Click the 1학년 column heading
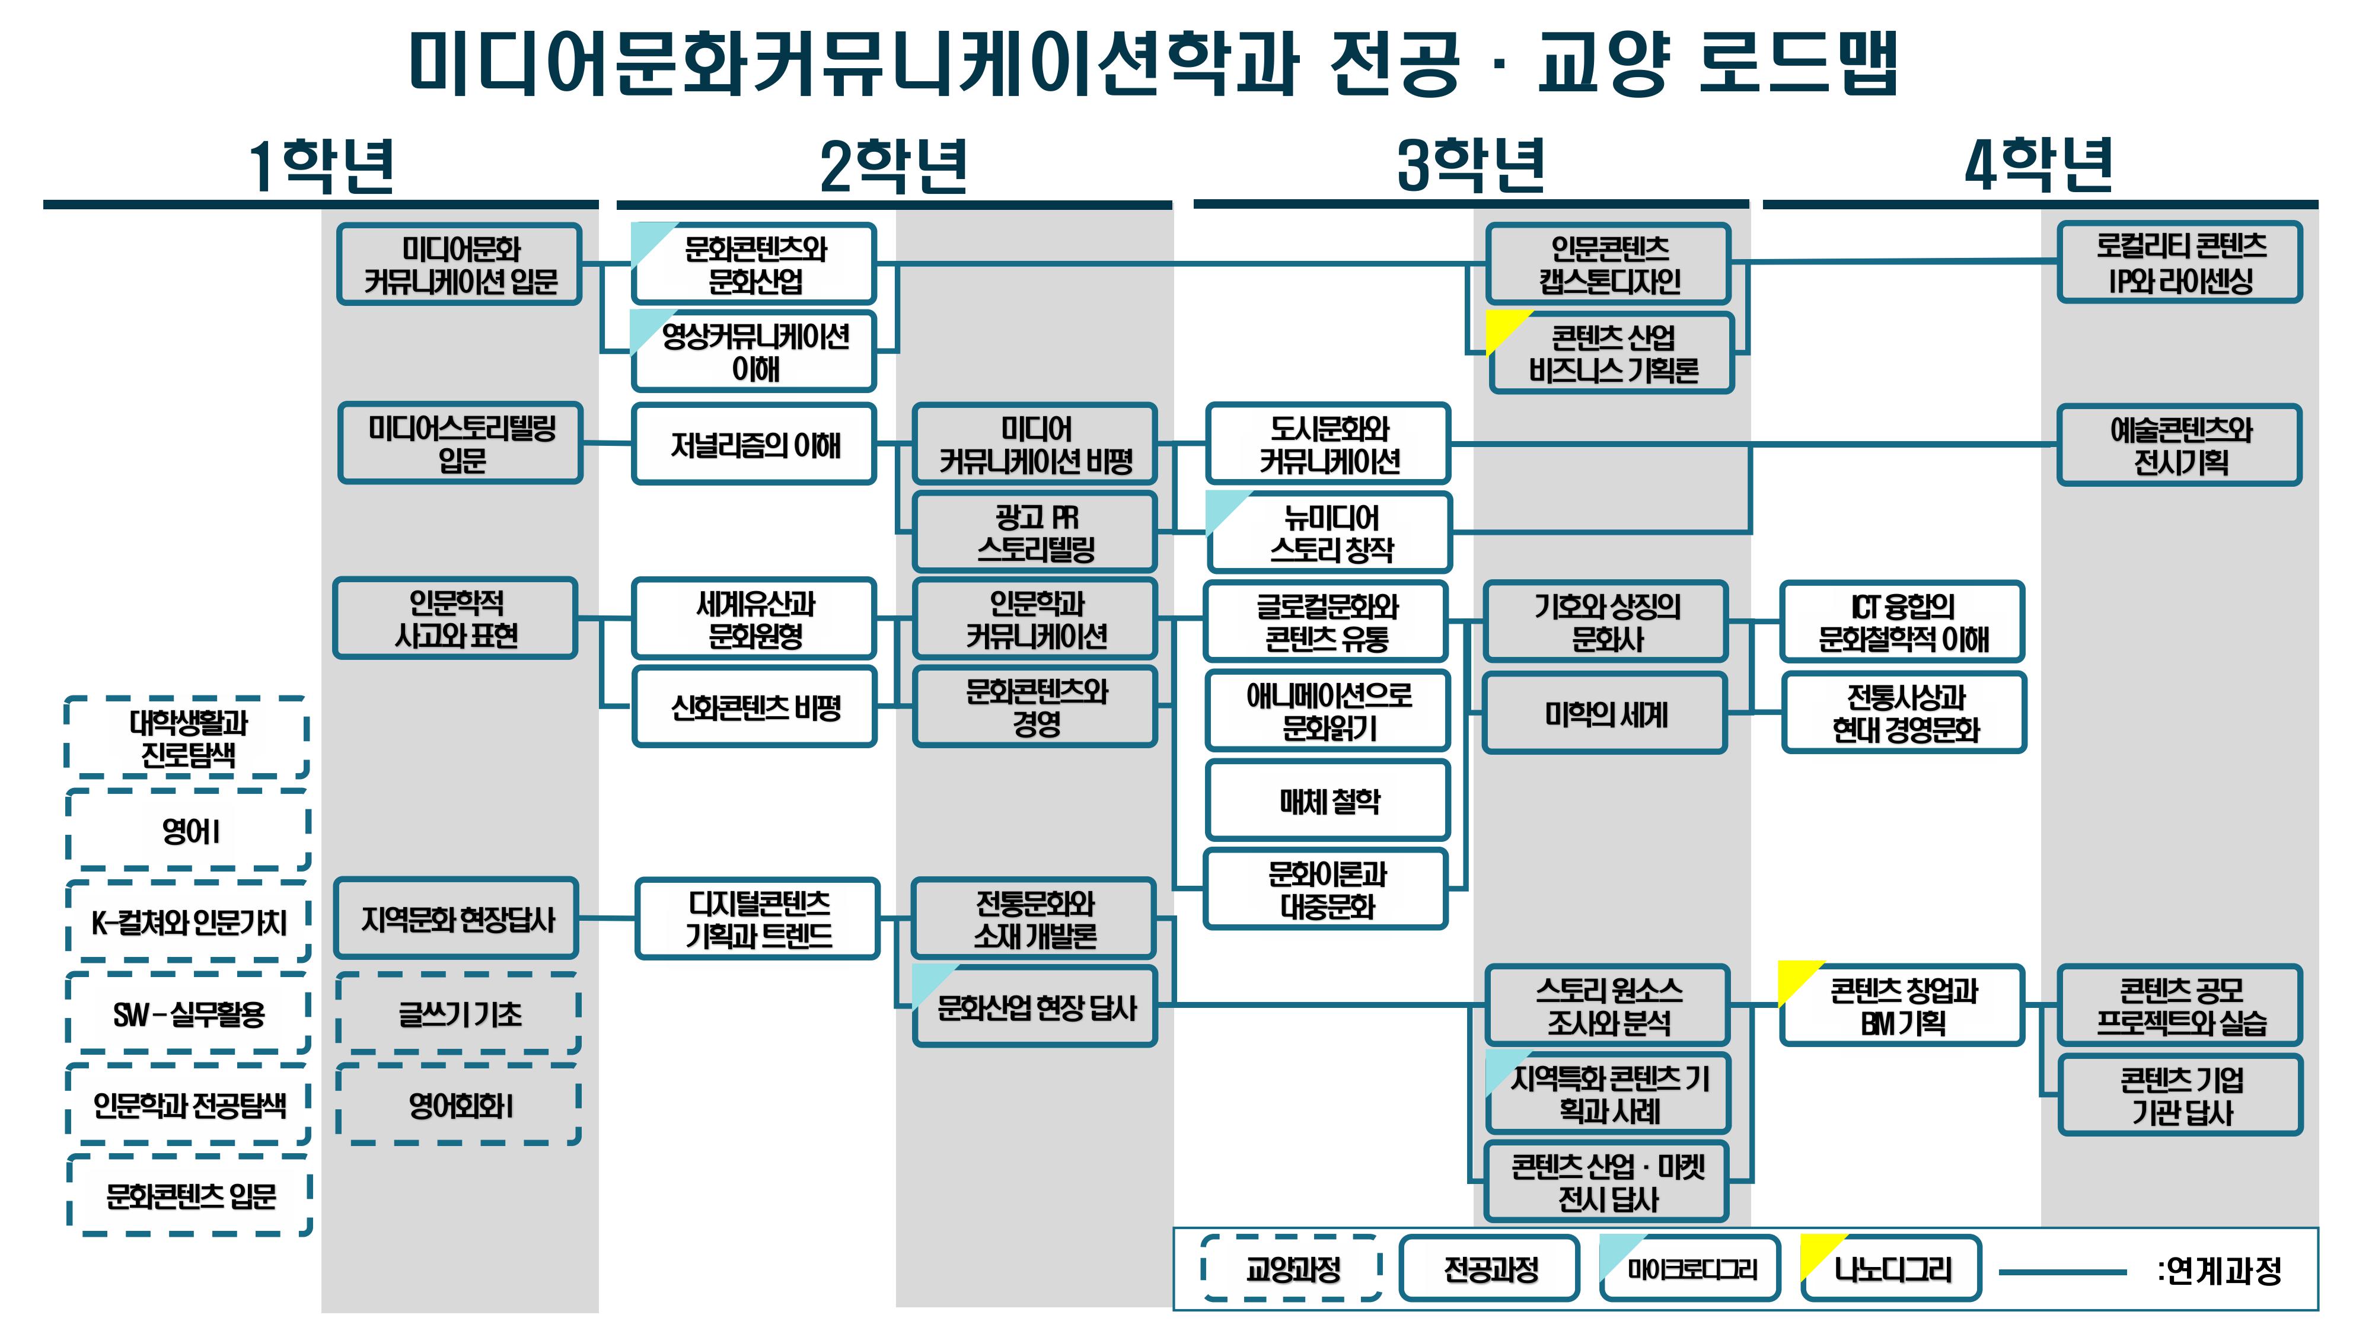(x=321, y=167)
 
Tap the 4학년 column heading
(x=2039, y=167)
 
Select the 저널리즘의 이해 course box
(x=754, y=445)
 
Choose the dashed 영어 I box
(x=189, y=831)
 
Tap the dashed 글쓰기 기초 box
(x=458, y=1014)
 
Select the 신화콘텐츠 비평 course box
(x=754, y=707)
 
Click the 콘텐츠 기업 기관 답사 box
(x=2180, y=1096)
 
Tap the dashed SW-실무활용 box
(x=189, y=1014)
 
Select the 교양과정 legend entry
(x=1292, y=1269)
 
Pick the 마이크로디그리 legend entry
(x=1691, y=1269)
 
